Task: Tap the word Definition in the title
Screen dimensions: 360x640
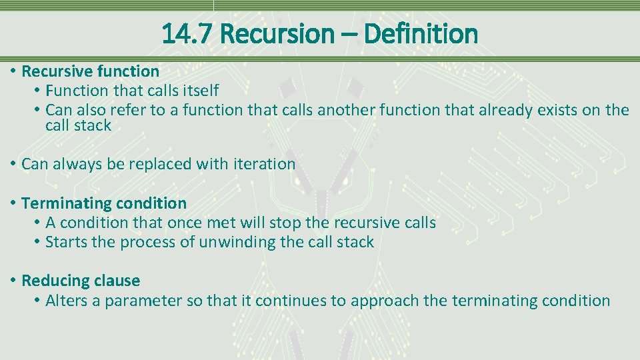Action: (x=421, y=33)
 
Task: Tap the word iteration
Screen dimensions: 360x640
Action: (x=264, y=164)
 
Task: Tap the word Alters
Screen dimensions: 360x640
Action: (x=66, y=301)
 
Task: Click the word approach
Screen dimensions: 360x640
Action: (x=384, y=301)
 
